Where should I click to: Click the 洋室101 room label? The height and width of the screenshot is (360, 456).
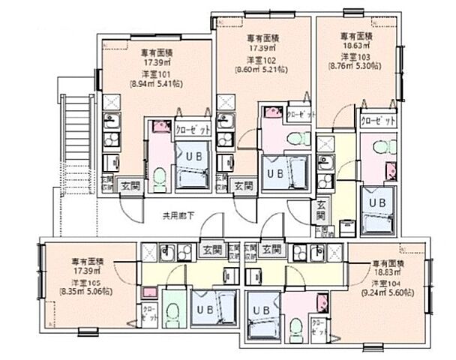(157, 74)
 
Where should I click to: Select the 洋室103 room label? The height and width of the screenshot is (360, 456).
(355, 55)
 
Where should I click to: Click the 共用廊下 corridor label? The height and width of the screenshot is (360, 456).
(178, 216)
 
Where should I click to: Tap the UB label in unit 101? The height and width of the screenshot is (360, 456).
(193, 156)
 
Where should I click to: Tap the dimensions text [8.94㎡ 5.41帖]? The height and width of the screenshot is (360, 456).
(157, 85)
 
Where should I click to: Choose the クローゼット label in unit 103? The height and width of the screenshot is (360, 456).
(376, 121)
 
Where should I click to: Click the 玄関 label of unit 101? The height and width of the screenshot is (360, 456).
(130, 184)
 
